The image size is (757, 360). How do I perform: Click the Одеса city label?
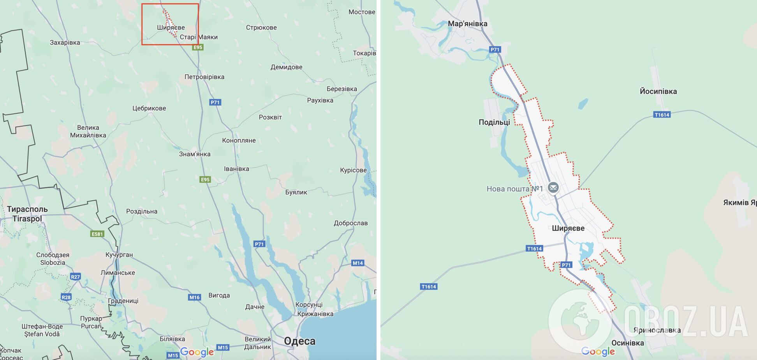(299, 341)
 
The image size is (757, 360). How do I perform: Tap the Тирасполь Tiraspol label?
(27, 214)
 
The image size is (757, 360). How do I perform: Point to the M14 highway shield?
(357, 263)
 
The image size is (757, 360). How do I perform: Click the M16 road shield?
(194, 297)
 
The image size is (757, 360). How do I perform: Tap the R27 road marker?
(75, 277)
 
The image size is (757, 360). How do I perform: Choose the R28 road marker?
(66, 297)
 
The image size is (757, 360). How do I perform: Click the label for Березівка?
(342, 89)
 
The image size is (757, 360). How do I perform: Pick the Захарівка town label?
(65, 42)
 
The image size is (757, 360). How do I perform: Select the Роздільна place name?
(142, 211)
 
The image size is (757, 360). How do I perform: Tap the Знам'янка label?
(195, 154)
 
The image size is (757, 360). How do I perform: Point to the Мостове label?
(361, 12)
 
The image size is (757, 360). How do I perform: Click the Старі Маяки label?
(199, 37)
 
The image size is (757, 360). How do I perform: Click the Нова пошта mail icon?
(553, 188)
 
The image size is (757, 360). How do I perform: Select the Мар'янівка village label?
(467, 24)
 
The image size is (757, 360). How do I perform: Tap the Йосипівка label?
(658, 91)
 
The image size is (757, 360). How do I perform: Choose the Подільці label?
(494, 122)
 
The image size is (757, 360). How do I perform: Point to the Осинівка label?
(627, 343)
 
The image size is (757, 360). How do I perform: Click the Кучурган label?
(119, 254)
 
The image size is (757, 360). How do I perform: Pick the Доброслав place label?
(350, 223)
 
